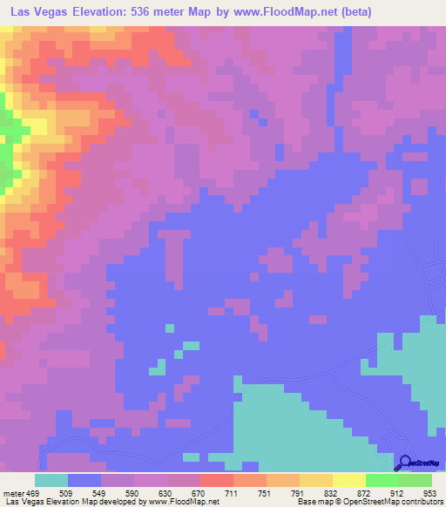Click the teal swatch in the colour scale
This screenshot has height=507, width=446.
tap(51, 480)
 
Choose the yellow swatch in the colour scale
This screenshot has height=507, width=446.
tap(348, 480)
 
